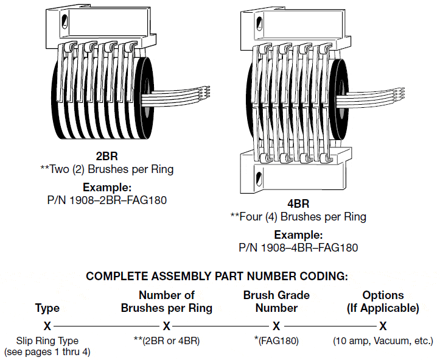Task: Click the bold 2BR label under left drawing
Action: tap(107, 157)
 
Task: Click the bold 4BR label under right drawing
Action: tap(298, 204)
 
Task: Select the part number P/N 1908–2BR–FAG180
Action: tap(107, 199)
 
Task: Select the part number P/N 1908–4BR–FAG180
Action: tap(298, 247)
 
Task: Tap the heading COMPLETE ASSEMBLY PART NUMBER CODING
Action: tap(217, 276)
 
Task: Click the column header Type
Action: tap(47, 308)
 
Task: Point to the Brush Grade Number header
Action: tap(276, 302)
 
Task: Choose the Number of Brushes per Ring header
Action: tap(167, 302)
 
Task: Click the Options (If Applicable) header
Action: tap(383, 302)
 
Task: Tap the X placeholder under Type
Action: tap(47, 326)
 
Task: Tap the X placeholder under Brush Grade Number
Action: tap(276, 326)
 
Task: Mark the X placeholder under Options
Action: tap(383, 326)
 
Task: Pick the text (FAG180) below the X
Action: tap(279, 341)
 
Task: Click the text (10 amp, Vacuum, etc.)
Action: tap(383, 341)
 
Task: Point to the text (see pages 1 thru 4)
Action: tap(47, 352)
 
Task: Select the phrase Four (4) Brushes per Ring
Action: tap(302, 217)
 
